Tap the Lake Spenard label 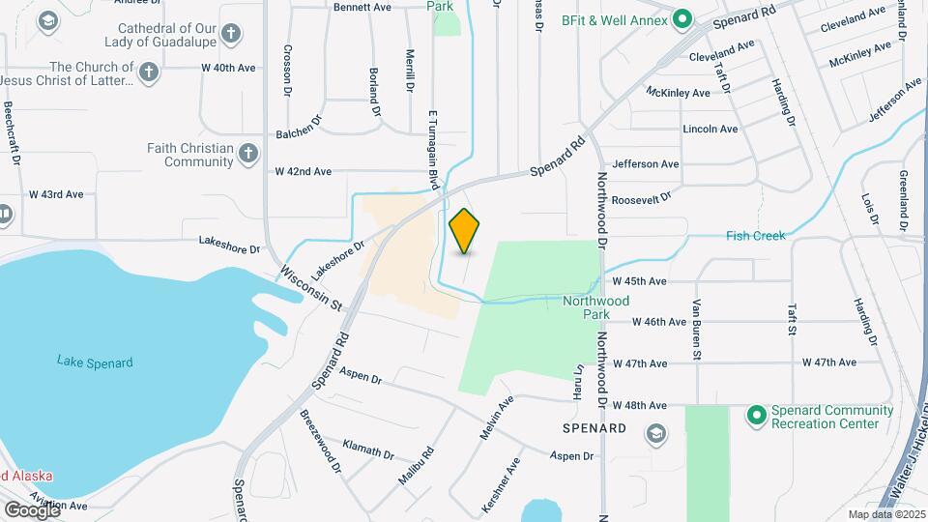click(x=94, y=362)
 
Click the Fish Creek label click(x=756, y=236)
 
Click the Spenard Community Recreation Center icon click(x=757, y=416)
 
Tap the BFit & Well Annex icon click(x=682, y=16)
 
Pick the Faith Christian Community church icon click(x=248, y=154)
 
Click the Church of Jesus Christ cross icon click(x=148, y=72)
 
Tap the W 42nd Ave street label click(x=303, y=171)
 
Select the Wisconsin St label click(x=312, y=288)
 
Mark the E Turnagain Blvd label click(x=433, y=149)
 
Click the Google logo click(x=32, y=509)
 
